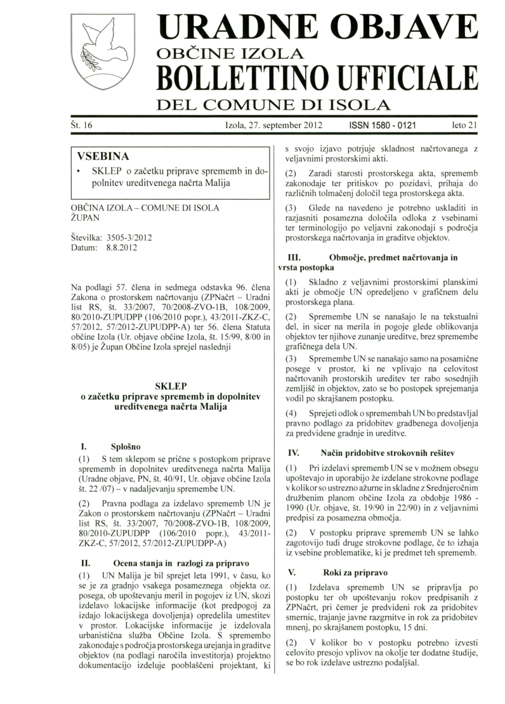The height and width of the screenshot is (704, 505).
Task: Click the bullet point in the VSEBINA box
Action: click(78, 173)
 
